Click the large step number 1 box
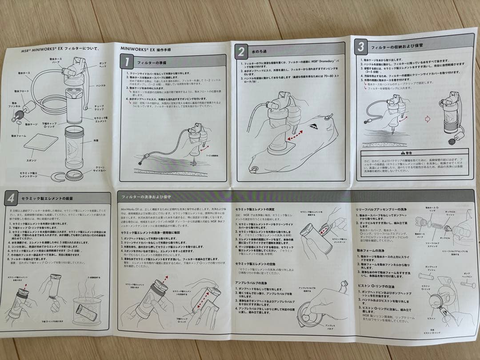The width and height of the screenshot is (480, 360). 127,62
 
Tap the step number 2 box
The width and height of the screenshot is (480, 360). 240,52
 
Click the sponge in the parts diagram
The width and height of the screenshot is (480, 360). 40,143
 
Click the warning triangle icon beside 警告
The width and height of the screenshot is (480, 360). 403,152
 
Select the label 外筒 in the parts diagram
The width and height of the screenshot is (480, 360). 95,140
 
